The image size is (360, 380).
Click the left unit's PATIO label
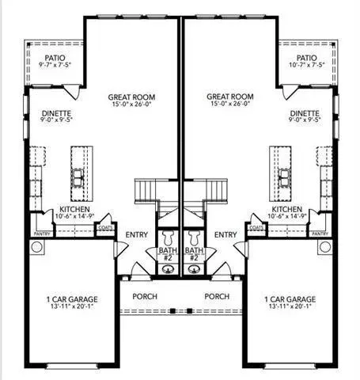[x=55, y=58]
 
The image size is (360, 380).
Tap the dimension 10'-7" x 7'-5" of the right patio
[x=306, y=65]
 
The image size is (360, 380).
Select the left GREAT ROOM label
[x=131, y=97]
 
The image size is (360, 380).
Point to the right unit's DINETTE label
[x=305, y=113]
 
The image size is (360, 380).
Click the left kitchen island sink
[x=78, y=177]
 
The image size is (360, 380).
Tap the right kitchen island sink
[x=284, y=177]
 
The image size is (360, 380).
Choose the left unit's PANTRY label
[x=42, y=234]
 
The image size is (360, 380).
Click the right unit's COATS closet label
[x=256, y=227]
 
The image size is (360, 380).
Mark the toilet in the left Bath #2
[x=168, y=238]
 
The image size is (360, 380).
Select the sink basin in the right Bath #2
[x=194, y=269]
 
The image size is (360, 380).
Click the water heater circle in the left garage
[x=36, y=247]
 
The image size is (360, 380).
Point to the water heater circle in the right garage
[x=324, y=247]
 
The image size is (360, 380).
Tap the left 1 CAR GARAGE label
[x=72, y=299]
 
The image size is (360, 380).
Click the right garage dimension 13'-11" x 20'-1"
[x=290, y=306]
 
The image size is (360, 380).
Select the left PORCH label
[x=145, y=296]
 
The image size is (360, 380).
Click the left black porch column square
[x=172, y=311]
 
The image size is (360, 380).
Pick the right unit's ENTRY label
[x=225, y=234]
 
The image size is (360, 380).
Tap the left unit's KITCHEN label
[x=74, y=209]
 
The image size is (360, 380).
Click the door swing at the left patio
[x=73, y=92]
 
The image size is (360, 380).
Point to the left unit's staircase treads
[x=145, y=191]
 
